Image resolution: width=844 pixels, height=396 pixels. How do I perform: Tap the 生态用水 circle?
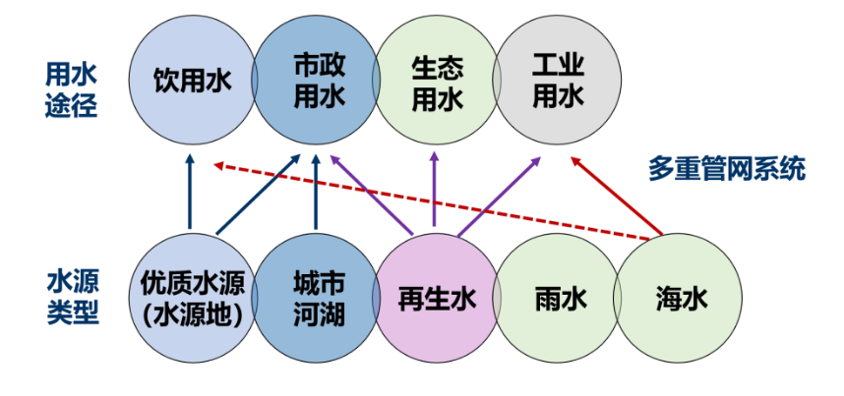[x=436, y=82]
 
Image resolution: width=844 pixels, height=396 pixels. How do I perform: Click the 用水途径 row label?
[x=72, y=88]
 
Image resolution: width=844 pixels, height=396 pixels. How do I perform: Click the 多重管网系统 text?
[x=727, y=168]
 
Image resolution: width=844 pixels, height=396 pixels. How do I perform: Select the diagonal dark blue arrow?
[x=257, y=196]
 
